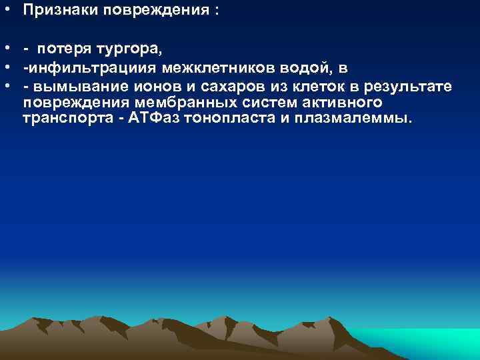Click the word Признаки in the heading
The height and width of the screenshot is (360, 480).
pyautogui.click(x=56, y=12)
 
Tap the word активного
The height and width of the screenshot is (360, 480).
pyautogui.click(x=339, y=103)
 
